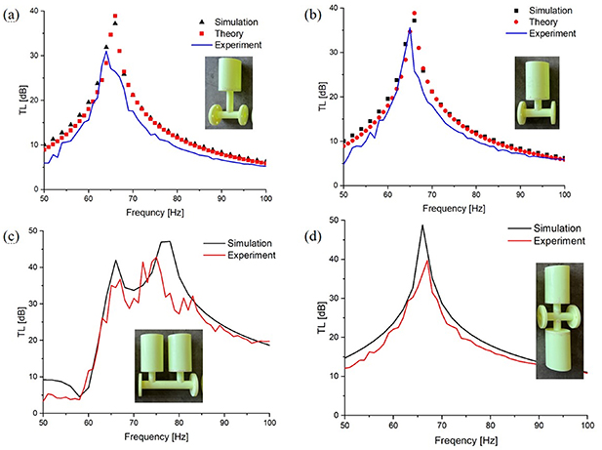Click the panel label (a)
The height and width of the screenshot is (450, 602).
(12, 12)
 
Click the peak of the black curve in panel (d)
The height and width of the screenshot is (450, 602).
(422, 225)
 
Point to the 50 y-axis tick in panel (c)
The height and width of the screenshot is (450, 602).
(31, 230)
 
